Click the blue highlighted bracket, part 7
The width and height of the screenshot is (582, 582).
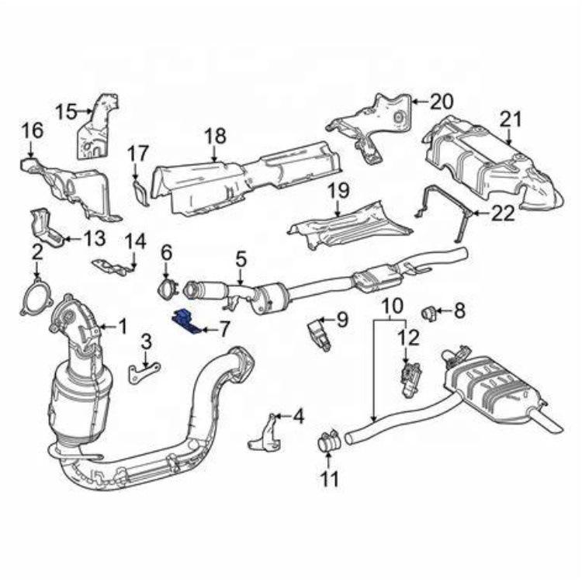click(x=185, y=320)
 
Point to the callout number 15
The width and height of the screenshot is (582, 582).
click(x=65, y=112)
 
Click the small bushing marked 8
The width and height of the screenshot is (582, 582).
click(x=427, y=313)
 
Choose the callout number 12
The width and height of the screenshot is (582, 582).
click(x=409, y=338)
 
